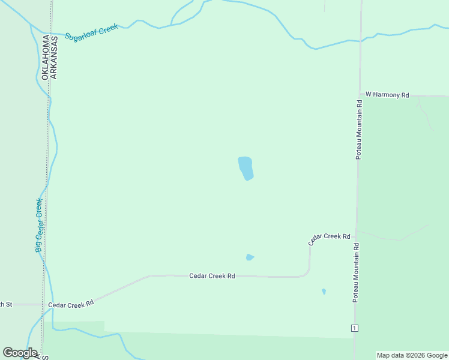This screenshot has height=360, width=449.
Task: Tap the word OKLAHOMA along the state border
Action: click(x=45, y=58)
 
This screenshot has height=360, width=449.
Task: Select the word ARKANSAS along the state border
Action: click(x=54, y=58)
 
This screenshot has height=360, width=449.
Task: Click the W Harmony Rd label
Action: click(x=387, y=95)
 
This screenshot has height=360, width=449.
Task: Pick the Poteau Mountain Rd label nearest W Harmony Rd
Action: click(x=358, y=129)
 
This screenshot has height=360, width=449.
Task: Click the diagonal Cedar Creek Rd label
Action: click(x=329, y=238)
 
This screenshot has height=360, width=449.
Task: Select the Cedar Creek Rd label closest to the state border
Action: click(x=71, y=304)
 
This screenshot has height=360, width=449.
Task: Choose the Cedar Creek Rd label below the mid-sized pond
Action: click(x=212, y=276)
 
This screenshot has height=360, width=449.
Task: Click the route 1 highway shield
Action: click(x=355, y=328)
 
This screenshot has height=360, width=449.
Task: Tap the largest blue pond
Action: click(x=246, y=168)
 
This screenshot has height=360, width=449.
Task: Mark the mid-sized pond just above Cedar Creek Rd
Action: click(x=250, y=257)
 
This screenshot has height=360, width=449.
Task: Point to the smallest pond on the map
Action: click(x=324, y=292)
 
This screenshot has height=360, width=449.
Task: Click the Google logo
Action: click(x=20, y=353)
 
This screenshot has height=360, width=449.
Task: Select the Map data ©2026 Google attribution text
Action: click(x=412, y=355)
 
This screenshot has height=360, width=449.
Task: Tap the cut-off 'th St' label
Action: click(x=6, y=304)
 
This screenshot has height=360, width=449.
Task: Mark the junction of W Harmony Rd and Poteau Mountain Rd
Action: click(x=360, y=95)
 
